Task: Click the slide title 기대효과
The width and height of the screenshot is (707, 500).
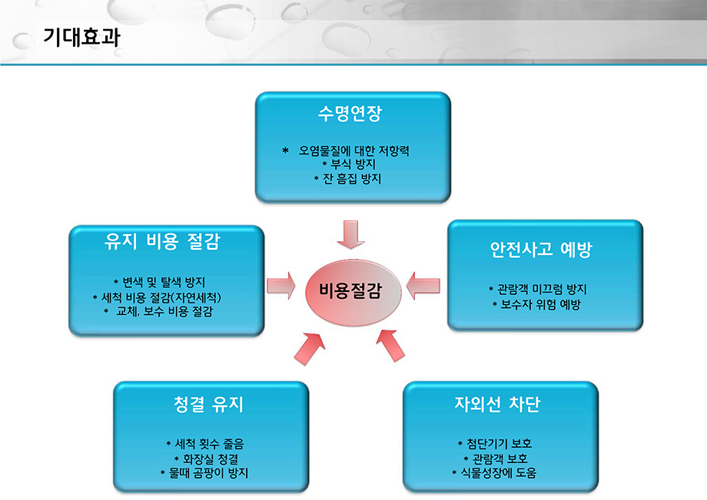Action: [81, 37]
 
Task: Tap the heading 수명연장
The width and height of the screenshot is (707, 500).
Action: [350, 113]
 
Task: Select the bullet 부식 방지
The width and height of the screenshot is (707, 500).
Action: [350, 164]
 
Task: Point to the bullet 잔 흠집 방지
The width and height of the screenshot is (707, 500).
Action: [347, 179]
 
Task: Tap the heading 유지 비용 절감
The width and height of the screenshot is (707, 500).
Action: [162, 241]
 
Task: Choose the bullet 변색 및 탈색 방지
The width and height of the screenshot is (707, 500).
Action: [159, 283]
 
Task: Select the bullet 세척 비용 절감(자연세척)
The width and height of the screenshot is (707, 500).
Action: [157, 297]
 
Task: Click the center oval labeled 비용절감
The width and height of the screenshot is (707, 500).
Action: [353, 292]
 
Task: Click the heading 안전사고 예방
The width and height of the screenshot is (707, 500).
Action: [540, 249]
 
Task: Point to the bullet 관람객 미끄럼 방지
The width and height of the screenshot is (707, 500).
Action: [537, 290]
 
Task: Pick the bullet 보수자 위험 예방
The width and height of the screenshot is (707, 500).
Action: [536, 304]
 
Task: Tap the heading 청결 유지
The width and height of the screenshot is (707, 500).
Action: [208, 404]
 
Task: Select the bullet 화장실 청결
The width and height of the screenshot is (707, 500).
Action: [207, 459]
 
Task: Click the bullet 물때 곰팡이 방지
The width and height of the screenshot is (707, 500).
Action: [204, 473]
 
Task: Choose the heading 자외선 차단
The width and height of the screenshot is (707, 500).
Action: [497, 404]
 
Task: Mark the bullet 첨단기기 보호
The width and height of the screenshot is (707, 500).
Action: [495, 444]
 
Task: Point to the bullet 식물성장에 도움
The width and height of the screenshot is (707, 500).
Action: [494, 473]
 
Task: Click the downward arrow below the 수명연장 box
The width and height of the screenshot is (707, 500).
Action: [350, 234]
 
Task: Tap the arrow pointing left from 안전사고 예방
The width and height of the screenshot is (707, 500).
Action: [423, 286]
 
